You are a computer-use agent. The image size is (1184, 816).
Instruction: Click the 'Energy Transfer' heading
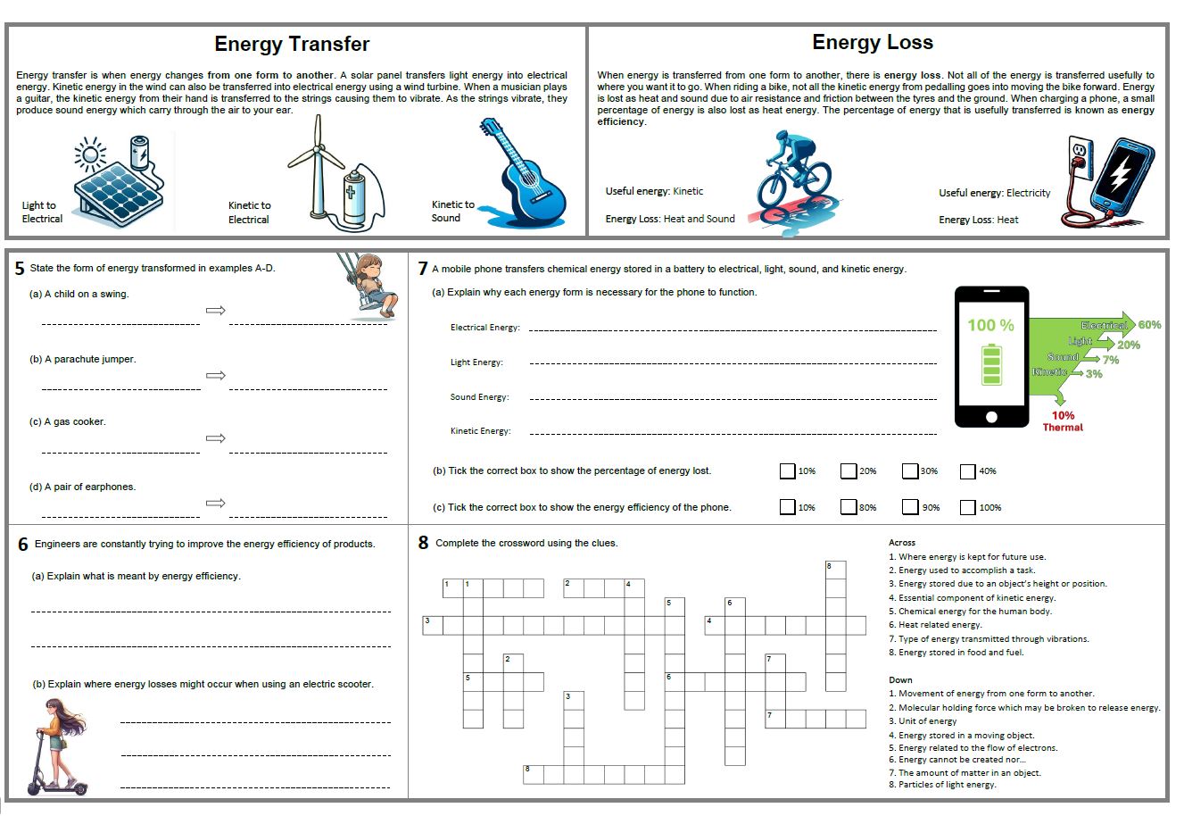(292, 44)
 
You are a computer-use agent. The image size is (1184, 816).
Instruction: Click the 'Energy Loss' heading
(872, 42)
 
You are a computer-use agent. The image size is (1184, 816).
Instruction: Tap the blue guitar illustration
(523, 172)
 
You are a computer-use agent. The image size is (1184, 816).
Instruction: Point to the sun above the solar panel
(90, 154)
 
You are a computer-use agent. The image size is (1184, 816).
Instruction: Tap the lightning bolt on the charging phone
(1119, 173)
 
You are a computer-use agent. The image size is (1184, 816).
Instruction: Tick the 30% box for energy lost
(910, 470)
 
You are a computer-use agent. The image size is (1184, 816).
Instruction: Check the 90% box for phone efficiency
(910, 507)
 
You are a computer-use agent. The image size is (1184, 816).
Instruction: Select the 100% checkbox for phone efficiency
(967, 507)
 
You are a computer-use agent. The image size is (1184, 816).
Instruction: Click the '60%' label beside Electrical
(1149, 325)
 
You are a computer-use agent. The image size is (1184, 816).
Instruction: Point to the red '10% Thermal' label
(1063, 421)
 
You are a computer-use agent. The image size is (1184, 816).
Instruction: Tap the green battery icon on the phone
(991, 364)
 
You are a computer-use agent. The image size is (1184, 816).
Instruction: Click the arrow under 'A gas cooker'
(216, 437)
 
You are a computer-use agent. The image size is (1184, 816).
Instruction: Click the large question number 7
(422, 269)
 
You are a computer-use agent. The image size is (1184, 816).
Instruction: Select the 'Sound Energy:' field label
(479, 397)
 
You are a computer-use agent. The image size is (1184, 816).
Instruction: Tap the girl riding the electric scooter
(57, 746)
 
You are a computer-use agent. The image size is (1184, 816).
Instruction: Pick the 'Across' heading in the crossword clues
(902, 543)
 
